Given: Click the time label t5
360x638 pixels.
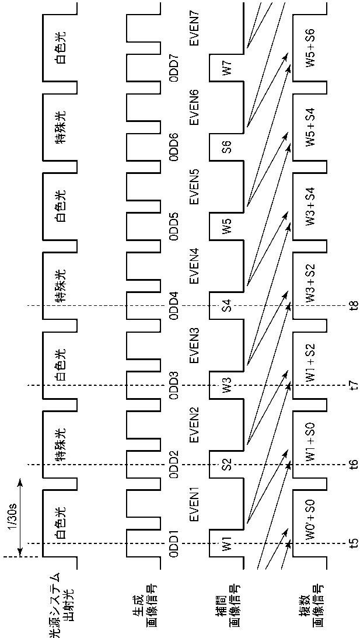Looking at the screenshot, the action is [354, 543].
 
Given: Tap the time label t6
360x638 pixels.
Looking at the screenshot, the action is [354, 464].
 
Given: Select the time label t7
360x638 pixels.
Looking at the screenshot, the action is [354, 385].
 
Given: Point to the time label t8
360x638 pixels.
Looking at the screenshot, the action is [354, 305].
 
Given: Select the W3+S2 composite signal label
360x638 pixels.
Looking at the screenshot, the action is [312, 284].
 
